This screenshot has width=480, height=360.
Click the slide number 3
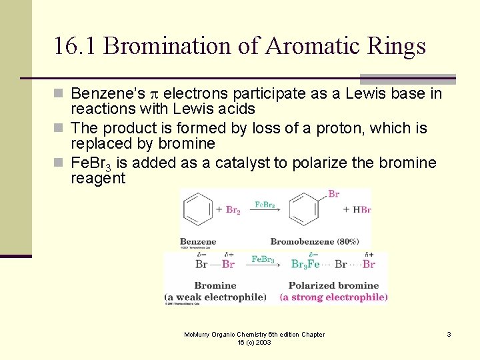tap(449, 334)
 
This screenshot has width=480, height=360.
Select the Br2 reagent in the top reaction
tap(232, 211)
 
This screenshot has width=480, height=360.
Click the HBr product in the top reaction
tap(361, 209)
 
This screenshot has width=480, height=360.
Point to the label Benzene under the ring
tap(198, 241)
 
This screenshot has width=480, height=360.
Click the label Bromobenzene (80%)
tap(315, 241)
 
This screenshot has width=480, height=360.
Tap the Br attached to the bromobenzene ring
tap(333, 194)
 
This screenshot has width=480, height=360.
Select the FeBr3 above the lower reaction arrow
tap(263, 259)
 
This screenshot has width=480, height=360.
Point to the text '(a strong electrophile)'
tap(333, 297)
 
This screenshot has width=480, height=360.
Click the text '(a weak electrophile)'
tap(215, 297)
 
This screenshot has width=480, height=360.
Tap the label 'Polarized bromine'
tap(333, 286)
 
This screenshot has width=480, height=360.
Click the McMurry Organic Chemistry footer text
tap(254, 338)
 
